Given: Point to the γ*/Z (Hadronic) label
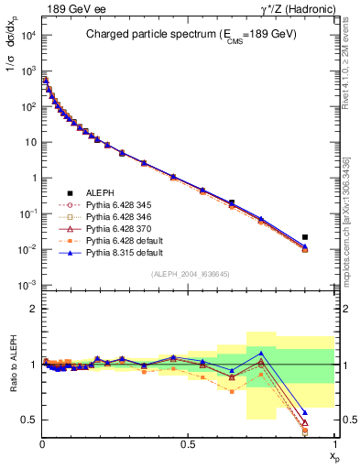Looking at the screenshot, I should (x=298, y=8).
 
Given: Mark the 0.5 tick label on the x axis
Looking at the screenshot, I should (x=188, y=450).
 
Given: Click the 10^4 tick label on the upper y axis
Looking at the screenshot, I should (x=27, y=35).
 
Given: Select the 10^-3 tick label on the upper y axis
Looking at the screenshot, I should (x=27, y=285).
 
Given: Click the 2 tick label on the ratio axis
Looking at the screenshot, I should (x=33, y=309).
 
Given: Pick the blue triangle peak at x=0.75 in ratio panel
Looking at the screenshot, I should (x=261, y=353).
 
